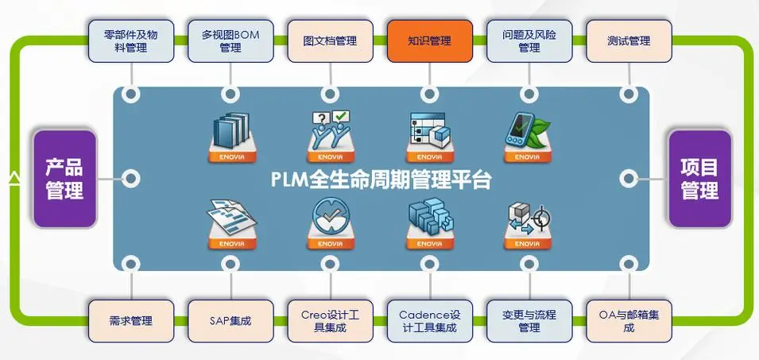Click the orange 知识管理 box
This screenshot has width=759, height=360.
(x=429, y=41)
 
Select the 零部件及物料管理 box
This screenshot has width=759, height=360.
(x=130, y=41)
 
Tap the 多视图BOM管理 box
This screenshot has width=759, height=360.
(x=230, y=41)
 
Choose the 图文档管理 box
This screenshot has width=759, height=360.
(x=330, y=41)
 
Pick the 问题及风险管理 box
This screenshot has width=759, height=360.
(x=529, y=41)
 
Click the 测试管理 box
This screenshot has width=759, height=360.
(x=629, y=41)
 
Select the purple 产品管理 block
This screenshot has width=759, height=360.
(x=64, y=179)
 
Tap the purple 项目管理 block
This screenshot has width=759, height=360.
(x=699, y=179)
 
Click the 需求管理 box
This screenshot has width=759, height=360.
(x=130, y=321)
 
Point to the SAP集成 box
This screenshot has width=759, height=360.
(x=230, y=321)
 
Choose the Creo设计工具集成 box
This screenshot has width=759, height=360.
(x=330, y=321)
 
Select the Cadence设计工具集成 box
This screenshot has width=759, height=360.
(x=429, y=321)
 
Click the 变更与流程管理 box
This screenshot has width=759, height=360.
(x=529, y=321)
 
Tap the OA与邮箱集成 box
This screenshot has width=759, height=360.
(x=629, y=321)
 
